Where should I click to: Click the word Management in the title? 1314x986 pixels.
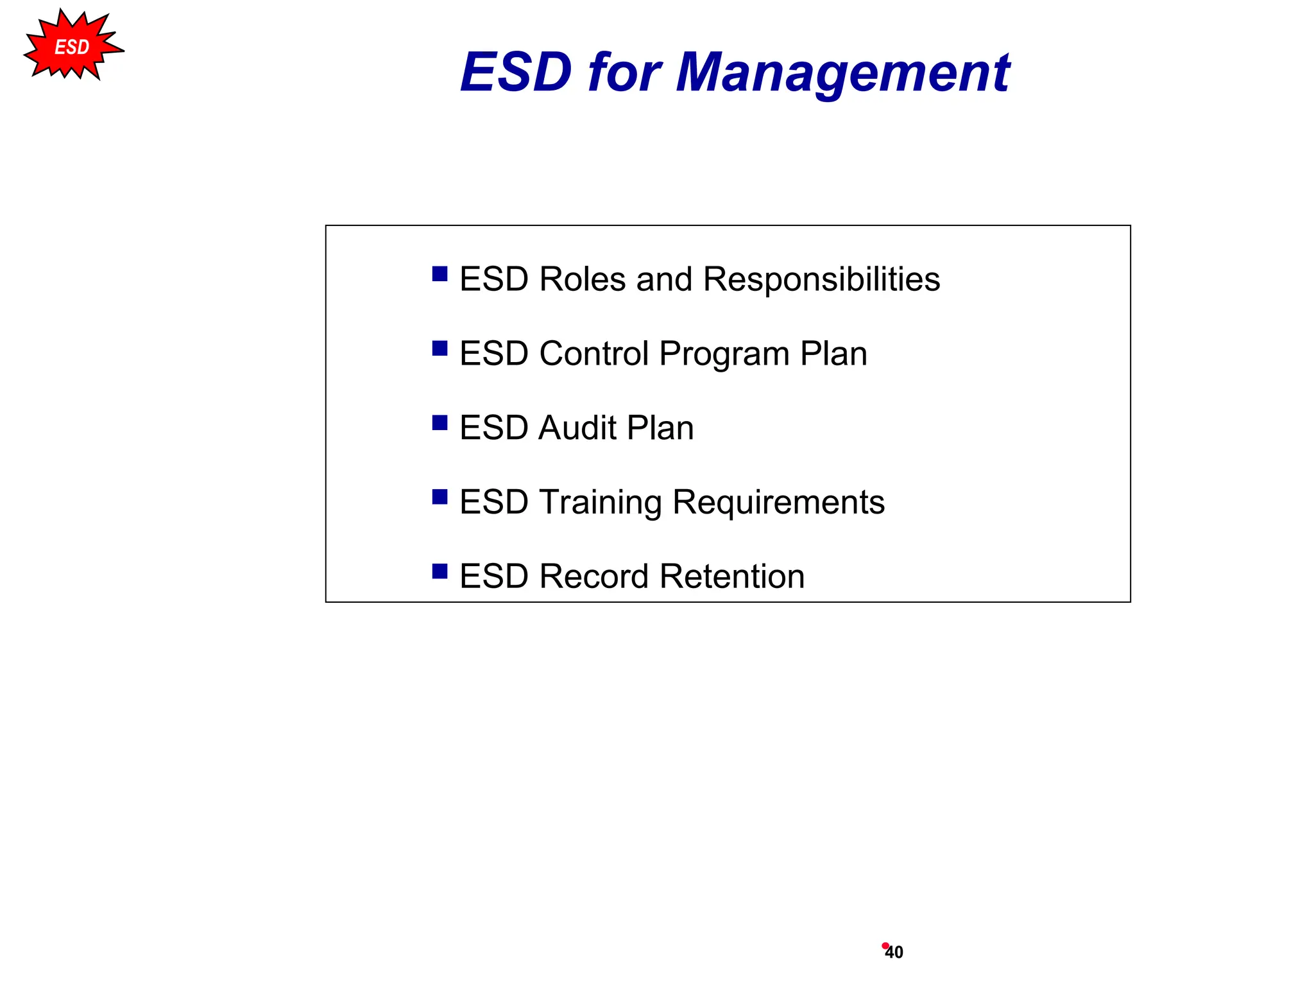842,73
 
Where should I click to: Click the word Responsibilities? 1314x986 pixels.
821,280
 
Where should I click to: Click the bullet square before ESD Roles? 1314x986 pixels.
439,274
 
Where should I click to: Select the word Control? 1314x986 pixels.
594,354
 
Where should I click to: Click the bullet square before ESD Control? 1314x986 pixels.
439,349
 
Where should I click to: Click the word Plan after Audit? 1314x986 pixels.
660,428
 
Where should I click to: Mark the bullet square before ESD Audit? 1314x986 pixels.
439,422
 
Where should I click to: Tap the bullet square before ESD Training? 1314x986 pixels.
439,497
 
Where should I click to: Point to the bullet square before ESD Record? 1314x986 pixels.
439,571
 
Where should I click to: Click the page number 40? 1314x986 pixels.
894,953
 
